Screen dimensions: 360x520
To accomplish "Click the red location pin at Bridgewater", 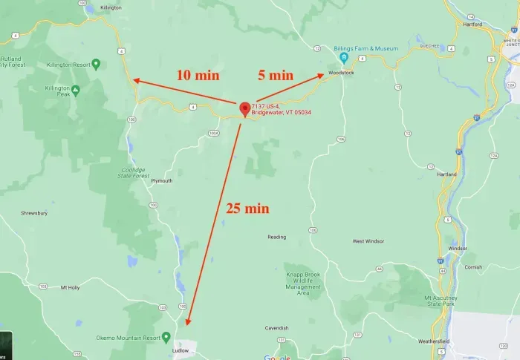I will click(x=244, y=109).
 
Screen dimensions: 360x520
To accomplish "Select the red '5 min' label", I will click(x=275, y=75).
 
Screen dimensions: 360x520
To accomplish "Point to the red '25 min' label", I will click(x=247, y=208).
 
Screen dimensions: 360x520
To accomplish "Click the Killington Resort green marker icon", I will click(x=96, y=65).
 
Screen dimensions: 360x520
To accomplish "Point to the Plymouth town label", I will click(x=161, y=180).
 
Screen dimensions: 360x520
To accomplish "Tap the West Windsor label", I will click(x=368, y=241).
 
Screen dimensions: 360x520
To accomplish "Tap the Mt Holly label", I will click(x=69, y=287).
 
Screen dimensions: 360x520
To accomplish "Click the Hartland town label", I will click(x=446, y=174).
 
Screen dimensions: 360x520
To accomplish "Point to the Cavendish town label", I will click(x=276, y=327).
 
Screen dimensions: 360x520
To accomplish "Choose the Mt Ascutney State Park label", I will click(x=438, y=300).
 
